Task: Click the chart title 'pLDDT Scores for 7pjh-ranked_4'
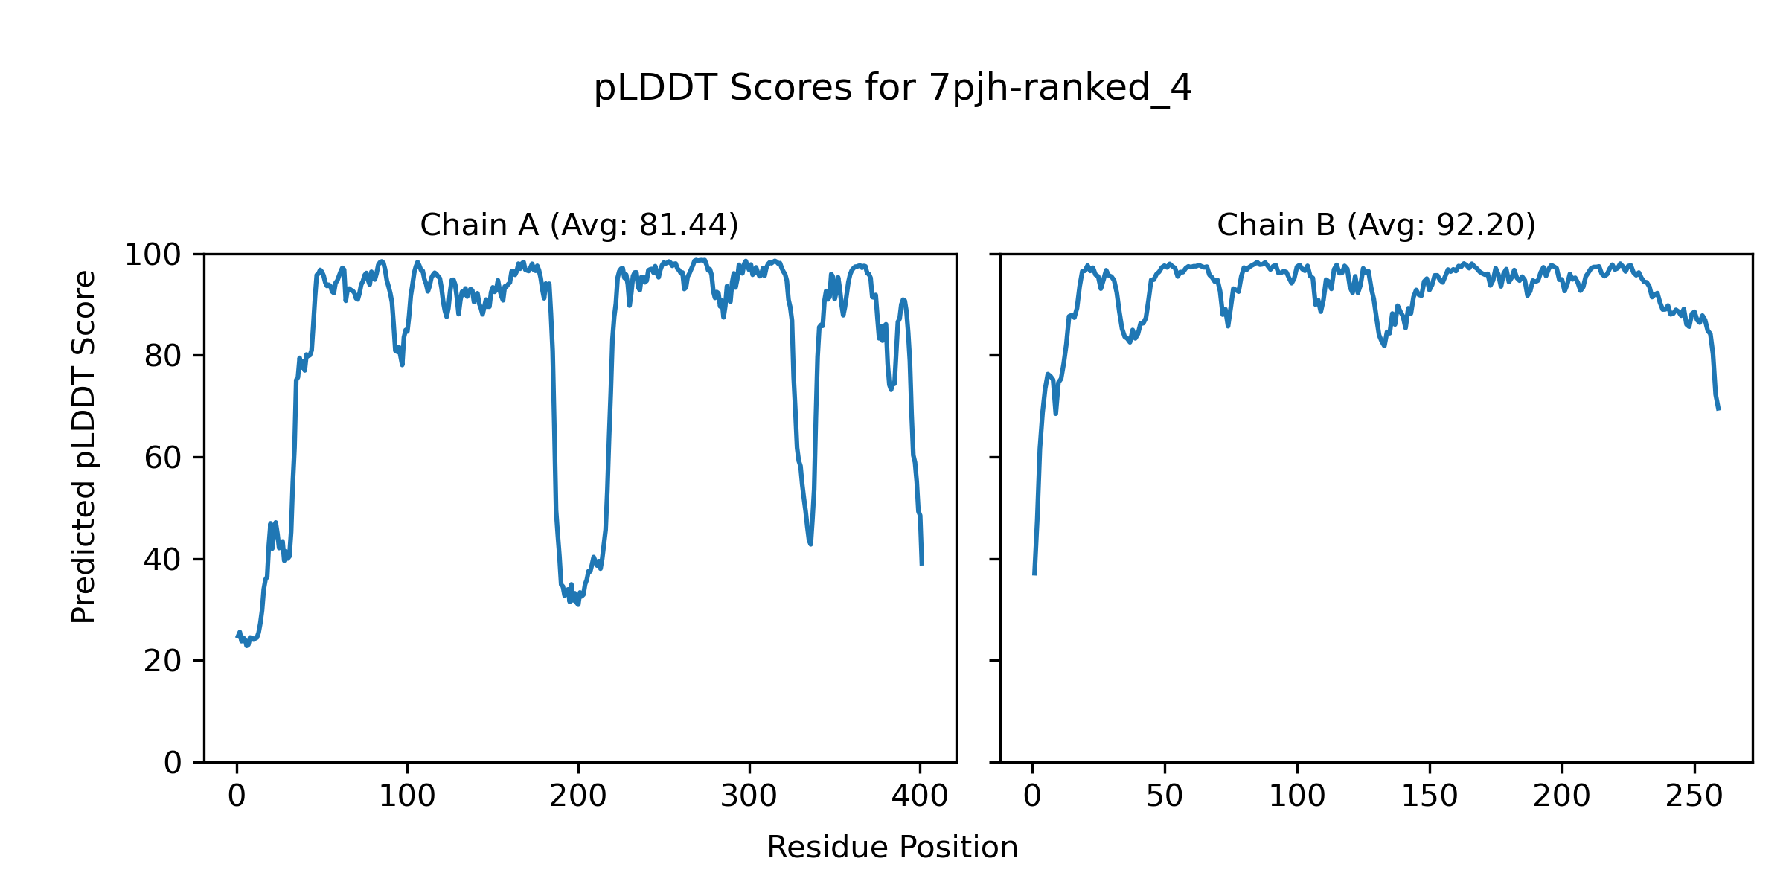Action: click(x=892, y=89)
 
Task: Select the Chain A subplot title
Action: click(x=579, y=225)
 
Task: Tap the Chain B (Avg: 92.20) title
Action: click(x=1376, y=225)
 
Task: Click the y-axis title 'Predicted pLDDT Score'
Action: click(x=84, y=446)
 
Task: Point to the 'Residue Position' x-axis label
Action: click(x=892, y=848)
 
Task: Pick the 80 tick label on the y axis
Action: click(x=163, y=357)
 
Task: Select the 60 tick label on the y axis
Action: click(x=163, y=458)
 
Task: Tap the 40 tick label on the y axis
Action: click(x=163, y=560)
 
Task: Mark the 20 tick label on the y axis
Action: click(x=163, y=662)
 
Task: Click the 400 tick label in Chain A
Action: click(x=920, y=797)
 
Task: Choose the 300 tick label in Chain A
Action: click(x=749, y=797)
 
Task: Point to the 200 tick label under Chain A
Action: click(x=577, y=797)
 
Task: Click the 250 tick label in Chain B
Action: click(x=1694, y=797)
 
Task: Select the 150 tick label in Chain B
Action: click(x=1430, y=797)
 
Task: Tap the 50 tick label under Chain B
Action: click(x=1165, y=797)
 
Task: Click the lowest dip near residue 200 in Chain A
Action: click(x=578, y=605)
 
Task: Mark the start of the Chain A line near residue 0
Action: click(x=237, y=636)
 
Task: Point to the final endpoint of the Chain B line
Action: click(x=1719, y=410)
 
